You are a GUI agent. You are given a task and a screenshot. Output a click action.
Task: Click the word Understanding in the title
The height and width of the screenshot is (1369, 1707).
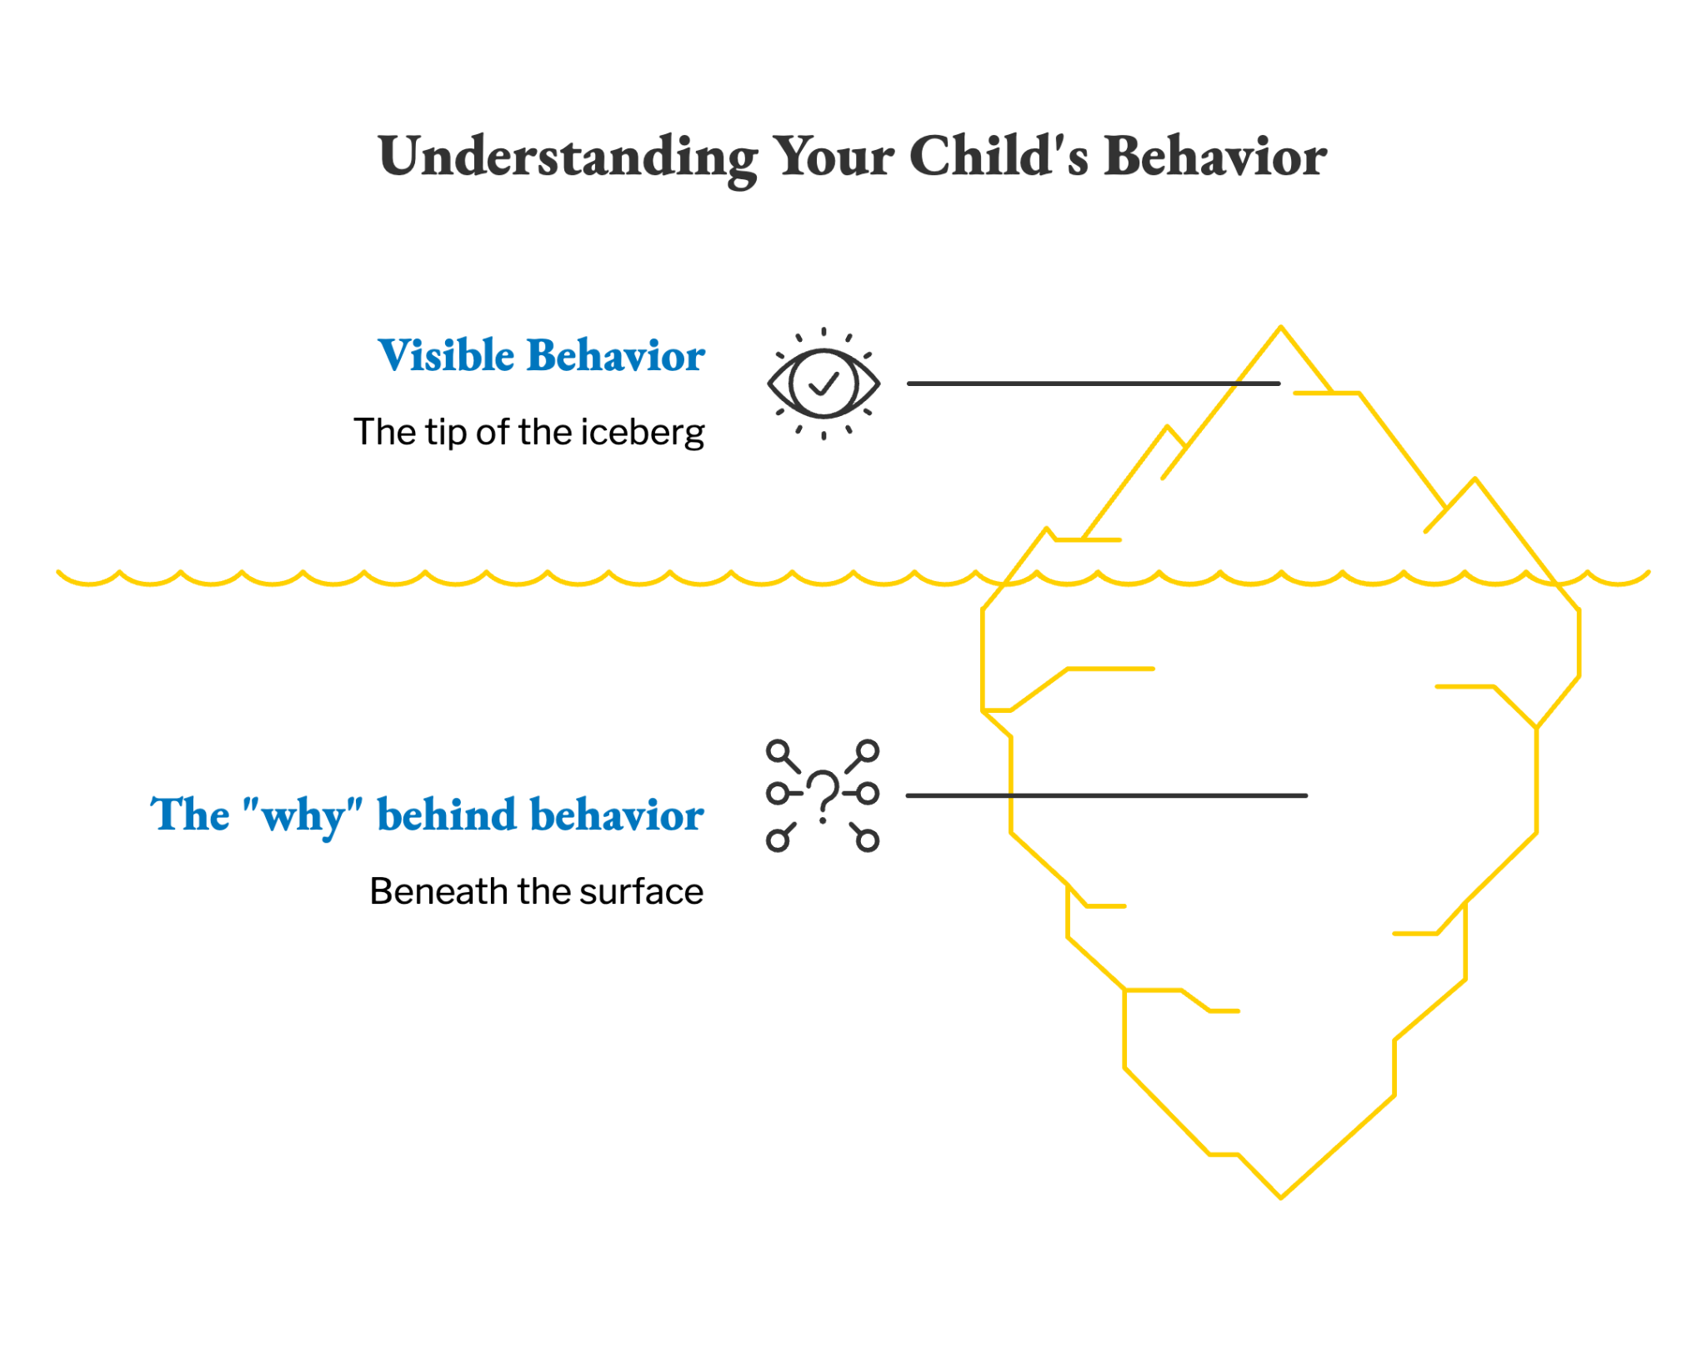click(568, 158)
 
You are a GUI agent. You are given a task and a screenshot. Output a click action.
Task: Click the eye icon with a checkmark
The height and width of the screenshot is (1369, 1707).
click(823, 384)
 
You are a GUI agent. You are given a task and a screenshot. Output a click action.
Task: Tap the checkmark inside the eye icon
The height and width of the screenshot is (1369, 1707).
click(823, 384)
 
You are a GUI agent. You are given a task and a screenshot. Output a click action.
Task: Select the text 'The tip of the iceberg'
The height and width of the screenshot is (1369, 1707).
click(529, 432)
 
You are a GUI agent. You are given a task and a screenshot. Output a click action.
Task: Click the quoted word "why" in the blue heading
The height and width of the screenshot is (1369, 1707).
click(303, 815)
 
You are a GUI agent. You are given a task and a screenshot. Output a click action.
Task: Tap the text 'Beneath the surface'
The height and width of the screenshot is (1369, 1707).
click(537, 891)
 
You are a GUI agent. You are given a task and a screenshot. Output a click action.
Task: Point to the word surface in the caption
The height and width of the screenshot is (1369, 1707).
click(642, 891)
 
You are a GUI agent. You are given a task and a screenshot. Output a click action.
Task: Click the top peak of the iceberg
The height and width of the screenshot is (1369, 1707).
click(1281, 327)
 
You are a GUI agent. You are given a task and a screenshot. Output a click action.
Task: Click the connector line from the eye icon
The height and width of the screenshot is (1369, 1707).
click(1094, 384)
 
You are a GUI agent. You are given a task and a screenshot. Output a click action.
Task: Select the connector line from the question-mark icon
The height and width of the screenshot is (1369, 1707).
click(1107, 796)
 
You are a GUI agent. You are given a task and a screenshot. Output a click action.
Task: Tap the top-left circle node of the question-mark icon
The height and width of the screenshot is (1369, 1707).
click(778, 751)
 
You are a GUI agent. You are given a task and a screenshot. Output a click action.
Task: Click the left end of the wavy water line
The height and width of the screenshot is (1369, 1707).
click(58, 572)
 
